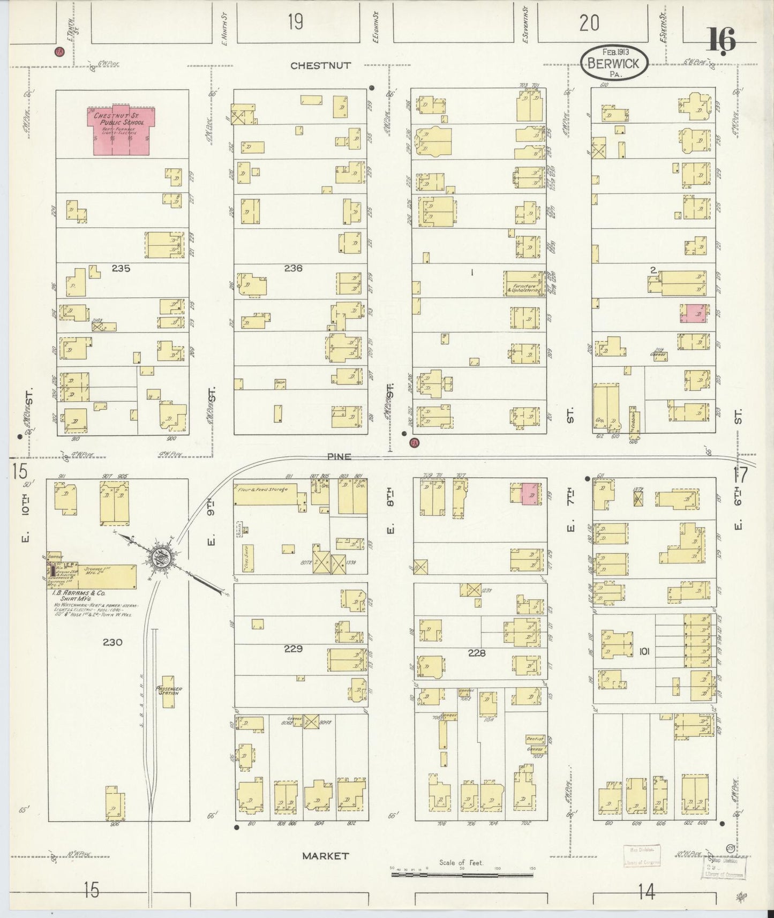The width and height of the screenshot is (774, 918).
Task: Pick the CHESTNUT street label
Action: pos(320,65)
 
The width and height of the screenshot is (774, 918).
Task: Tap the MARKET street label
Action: pos(325,856)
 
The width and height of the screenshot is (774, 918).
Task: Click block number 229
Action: pos(293,649)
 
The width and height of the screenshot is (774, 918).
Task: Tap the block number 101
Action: pos(644,651)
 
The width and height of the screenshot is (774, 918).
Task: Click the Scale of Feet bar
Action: pos(462,875)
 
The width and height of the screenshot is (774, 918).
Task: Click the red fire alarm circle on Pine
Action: pos(414,443)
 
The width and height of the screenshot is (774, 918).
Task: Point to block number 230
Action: pos(112,642)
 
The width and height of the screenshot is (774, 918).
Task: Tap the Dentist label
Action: pos(535,739)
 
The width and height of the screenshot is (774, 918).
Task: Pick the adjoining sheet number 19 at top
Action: pos(295,22)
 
